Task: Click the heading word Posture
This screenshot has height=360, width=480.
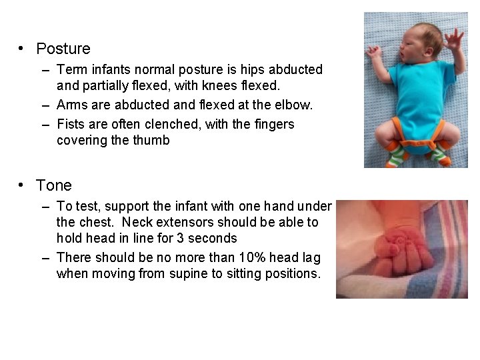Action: coord(63,49)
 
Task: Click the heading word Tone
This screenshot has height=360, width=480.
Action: coord(54,185)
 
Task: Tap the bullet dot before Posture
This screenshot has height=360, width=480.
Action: coord(22,48)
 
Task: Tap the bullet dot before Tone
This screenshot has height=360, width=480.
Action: coord(22,185)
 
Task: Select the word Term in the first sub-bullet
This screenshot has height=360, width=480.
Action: coord(71,69)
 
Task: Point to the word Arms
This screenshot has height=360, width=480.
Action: coord(71,105)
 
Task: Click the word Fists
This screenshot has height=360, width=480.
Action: coord(71,124)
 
